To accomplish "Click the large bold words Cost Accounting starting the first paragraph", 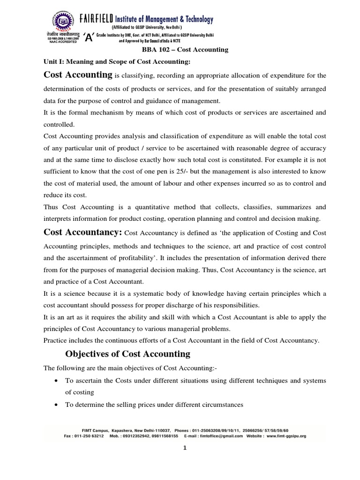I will [x=77, y=75].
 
